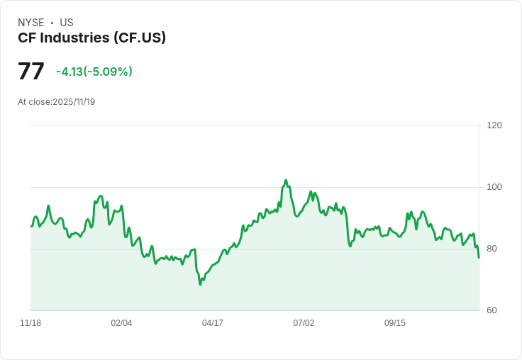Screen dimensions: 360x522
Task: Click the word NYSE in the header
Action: click(30, 23)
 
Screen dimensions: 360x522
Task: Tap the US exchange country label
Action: click(67, 23)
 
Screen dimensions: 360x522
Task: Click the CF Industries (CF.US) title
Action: click(91, 38)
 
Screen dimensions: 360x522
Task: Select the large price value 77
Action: click(31, 72)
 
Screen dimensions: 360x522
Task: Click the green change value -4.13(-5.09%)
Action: click(94, 72)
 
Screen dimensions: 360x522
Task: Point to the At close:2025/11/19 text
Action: click(56, 102)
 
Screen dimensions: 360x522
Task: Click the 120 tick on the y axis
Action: click(494, 125)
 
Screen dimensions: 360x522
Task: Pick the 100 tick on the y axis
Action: click(494, 187)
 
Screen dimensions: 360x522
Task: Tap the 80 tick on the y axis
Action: click(492, 249)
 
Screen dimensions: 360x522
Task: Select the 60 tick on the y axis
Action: click(492, 310)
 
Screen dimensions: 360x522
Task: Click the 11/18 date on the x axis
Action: click(30, 323)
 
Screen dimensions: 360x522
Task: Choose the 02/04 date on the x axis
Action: click(121, 323)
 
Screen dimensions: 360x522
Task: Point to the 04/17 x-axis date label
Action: click(213, 323)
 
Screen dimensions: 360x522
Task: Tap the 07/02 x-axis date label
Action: click(304, 323)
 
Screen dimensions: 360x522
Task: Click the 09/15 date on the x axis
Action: click(395, 323)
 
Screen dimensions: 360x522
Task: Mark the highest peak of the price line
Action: click(286, 181)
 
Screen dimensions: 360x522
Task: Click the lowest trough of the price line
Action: click(201, 284)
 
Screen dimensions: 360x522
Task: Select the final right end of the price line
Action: click(479, 257)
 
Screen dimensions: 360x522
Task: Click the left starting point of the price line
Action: click(31, 226)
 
